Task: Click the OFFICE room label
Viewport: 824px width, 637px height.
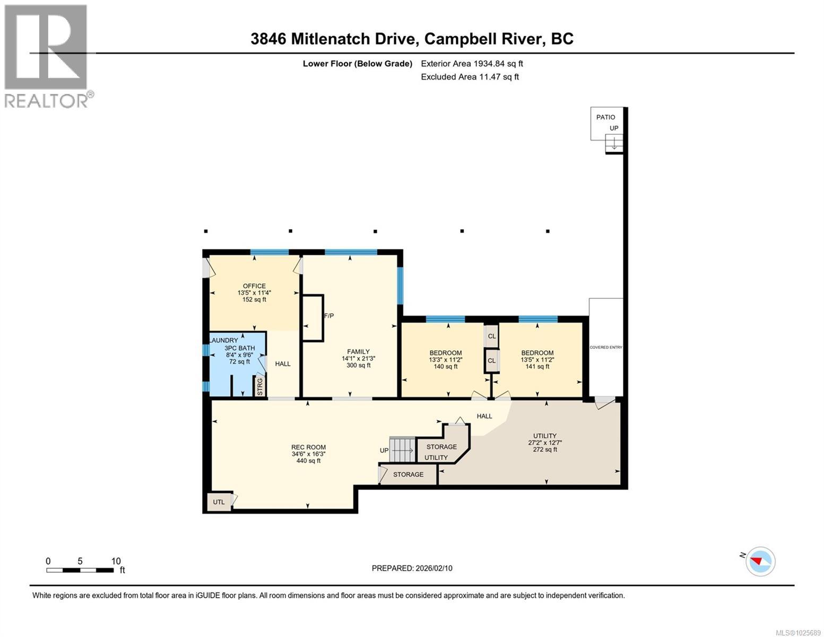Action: click(254, 286)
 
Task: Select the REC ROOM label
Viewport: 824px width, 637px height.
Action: click(308, 447)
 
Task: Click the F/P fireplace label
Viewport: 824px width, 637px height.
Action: click(329, 316)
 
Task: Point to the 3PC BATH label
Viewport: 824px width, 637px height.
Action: click(240, 348)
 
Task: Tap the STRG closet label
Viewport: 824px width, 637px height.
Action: click(260, 386)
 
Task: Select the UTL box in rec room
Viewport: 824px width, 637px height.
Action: click(219, 502)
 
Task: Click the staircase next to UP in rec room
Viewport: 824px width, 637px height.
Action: click(402, 450)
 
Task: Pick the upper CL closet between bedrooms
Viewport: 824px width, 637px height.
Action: click(491, 336)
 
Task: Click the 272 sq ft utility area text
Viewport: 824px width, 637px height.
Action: click(545, 450)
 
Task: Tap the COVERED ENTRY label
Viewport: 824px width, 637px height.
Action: click(605, 348)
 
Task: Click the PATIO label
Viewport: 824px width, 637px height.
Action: click(605, 117)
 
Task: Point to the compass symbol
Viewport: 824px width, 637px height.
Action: click(760, 561)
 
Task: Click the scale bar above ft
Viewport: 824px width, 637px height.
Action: click(80, 570)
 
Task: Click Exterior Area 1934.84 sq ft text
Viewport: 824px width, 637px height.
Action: click(472, 64)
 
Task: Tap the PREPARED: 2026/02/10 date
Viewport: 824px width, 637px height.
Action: click(412, 568)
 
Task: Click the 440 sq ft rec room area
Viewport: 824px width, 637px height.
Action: click(308, 461)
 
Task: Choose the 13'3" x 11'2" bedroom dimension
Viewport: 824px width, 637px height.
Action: click(445, 359)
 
